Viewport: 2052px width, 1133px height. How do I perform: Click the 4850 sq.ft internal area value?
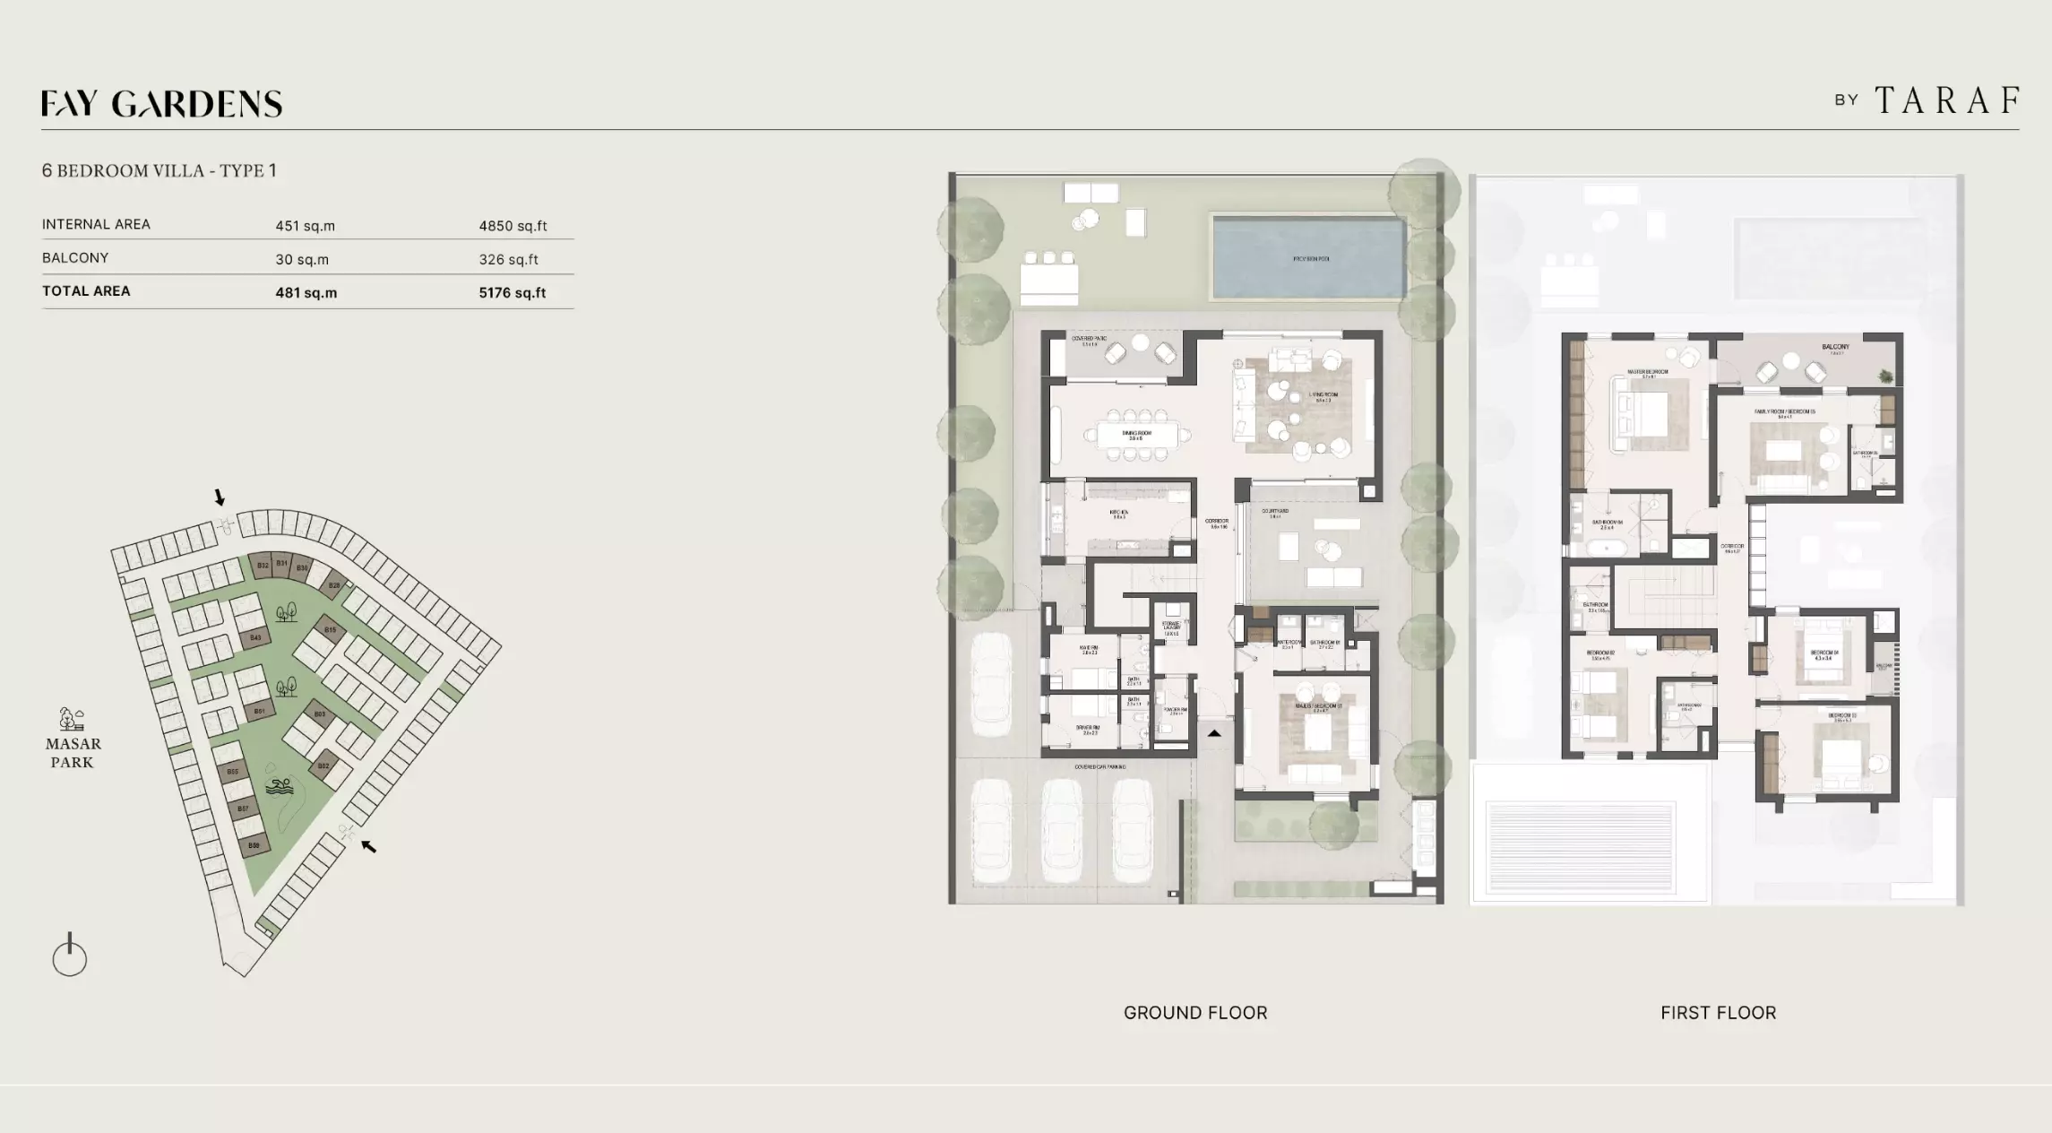pos(513,226)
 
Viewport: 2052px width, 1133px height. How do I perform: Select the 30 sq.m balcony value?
pos(302,259)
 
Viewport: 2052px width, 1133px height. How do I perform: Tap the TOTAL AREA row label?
pos(86,291)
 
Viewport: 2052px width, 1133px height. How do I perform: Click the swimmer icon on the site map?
pos(279,787)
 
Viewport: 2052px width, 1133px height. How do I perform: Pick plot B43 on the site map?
pos(255,638)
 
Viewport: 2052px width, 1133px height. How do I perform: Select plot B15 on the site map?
pos(330,630)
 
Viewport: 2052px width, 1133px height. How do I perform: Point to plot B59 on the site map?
pos(254,845)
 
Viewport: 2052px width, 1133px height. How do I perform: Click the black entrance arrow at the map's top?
pos(219,497)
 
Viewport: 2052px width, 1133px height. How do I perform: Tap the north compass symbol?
pos(70,956)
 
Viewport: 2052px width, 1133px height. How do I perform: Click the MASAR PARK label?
pos(73,752)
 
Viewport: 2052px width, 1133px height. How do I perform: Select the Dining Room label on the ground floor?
pos(1136,435)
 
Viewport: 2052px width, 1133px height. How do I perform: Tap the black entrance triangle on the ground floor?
pos(1214,733)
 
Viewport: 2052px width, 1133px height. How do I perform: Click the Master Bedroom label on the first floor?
pos(1648,373)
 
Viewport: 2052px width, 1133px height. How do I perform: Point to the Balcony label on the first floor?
pos(1835,348)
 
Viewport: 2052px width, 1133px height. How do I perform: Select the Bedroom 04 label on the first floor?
pos(1824,654)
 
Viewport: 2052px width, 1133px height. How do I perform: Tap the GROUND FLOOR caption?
pos(1195,1013)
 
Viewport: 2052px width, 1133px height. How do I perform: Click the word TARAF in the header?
pos(1947,100)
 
